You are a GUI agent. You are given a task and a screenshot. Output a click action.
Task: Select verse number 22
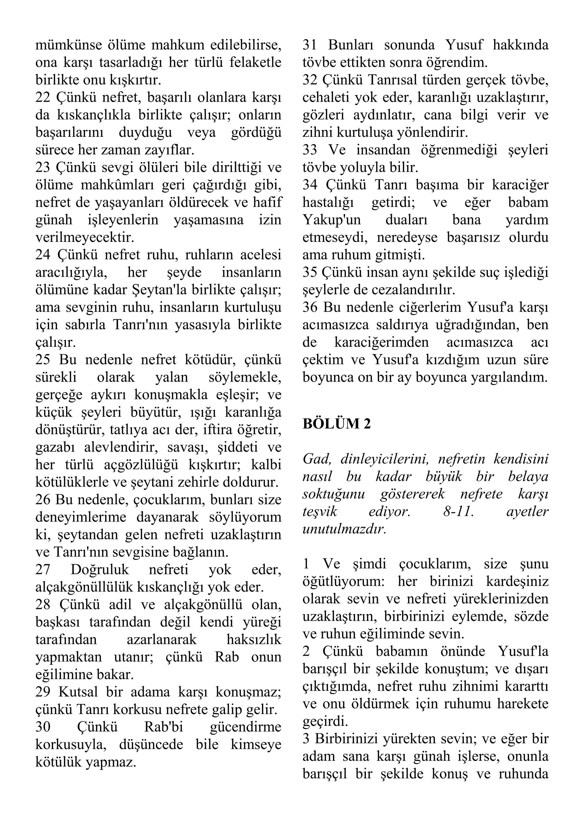pyautogui.click(x=42, y=98)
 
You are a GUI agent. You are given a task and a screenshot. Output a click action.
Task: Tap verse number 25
pyautogui.click(x=42, y=360)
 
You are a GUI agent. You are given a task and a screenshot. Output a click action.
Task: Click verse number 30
pyautogui.click(x=42, y=727)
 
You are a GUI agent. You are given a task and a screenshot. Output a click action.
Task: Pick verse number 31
pyautogui.click(x=310, y=45)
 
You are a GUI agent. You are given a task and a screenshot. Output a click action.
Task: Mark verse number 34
pyautogui.click(x=310, y=185)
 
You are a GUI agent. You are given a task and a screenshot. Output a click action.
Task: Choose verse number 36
pyautogui.click(x=310, y=307)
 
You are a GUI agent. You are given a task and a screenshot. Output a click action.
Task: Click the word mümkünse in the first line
pyautogui.click(x=68, y=45)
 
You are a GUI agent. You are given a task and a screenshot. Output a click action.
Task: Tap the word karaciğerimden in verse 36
pyautogui.click(x=381, y=342)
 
